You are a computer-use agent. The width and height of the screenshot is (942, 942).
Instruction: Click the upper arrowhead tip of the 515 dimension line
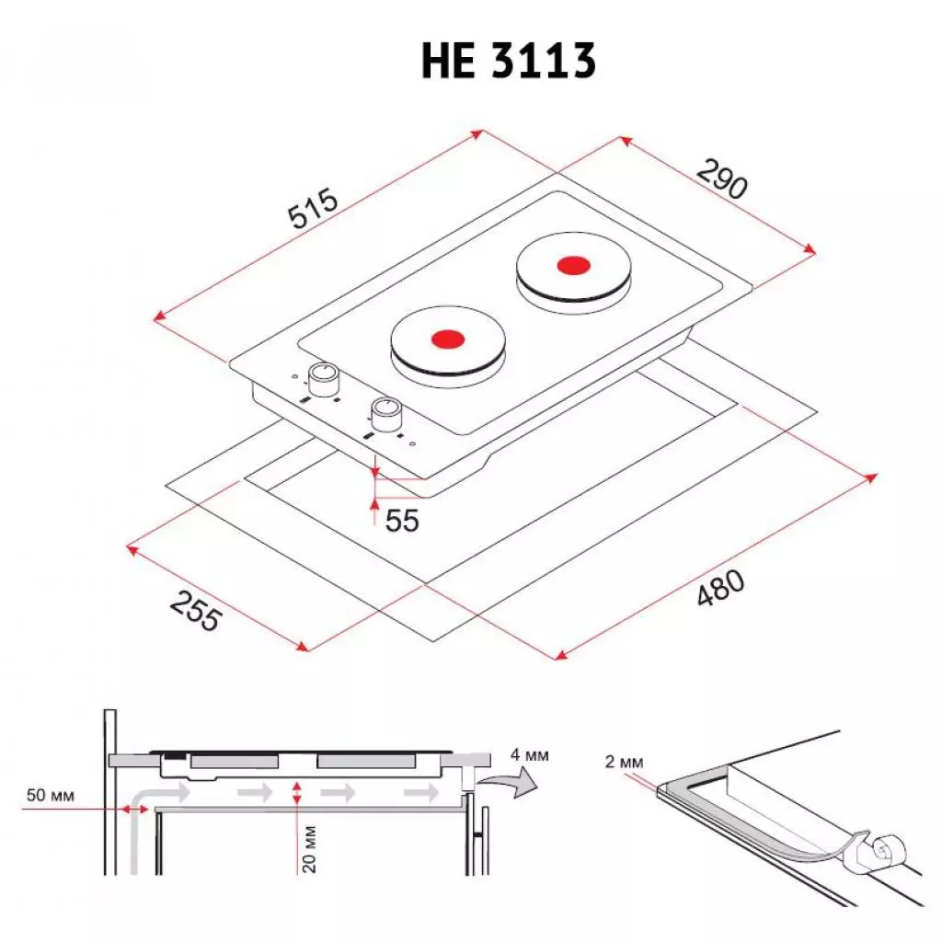482,131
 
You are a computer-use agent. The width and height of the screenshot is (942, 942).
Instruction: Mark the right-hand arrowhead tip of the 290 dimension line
815,252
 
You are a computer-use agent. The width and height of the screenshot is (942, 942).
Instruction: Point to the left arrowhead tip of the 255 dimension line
127,546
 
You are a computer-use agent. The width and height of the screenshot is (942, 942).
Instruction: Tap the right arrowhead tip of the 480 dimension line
878,475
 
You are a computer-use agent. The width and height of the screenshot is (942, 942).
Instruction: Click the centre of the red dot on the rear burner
574,265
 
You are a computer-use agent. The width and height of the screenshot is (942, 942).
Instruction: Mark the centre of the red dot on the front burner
448,339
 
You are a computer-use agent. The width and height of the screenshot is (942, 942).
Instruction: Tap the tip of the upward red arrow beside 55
374,499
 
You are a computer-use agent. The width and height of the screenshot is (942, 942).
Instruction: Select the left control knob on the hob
323,378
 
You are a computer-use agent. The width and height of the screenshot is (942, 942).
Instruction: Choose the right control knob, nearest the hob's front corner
386,415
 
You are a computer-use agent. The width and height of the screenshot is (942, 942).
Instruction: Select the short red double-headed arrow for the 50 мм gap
134,810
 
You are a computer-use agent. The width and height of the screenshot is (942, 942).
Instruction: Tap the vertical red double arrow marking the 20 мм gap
296,792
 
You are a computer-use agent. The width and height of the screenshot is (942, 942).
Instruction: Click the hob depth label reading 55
402,521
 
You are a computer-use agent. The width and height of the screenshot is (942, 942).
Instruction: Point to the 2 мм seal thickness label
625,762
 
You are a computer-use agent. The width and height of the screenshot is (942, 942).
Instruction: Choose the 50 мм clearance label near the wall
51,796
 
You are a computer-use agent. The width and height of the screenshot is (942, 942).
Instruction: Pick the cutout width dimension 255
196,611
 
